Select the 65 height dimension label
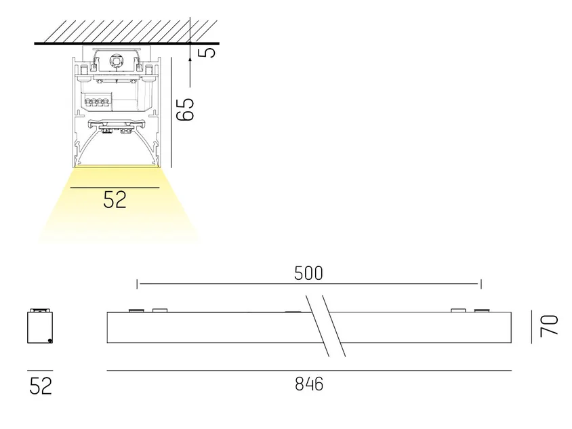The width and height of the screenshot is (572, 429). coord(185,109)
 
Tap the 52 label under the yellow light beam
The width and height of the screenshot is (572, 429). coord(115,199)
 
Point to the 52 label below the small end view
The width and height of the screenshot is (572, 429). coord(41,386)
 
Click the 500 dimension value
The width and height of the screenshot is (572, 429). coord(308,273)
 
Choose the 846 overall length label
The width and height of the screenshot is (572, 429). coord(309,384)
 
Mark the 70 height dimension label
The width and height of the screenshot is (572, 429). coord(550,325)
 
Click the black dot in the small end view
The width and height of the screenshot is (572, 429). coord(50,341)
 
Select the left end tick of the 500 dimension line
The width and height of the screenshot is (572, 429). coord(137,284)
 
